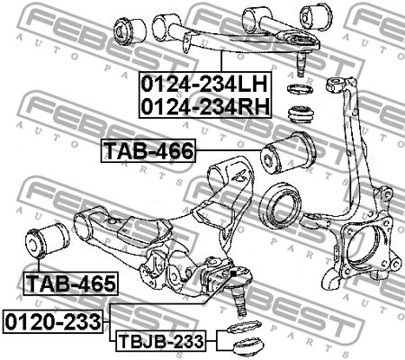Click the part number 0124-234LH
click(204, 85)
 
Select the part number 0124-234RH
click(205, 107)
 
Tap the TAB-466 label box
click(148, 150)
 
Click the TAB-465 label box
click(71, 283)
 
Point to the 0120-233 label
click(53, 322)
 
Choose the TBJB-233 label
click(161, 341)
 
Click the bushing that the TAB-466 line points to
click(288, 153)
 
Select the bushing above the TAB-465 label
click(48, 240)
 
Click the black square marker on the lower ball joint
click(233, 274)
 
